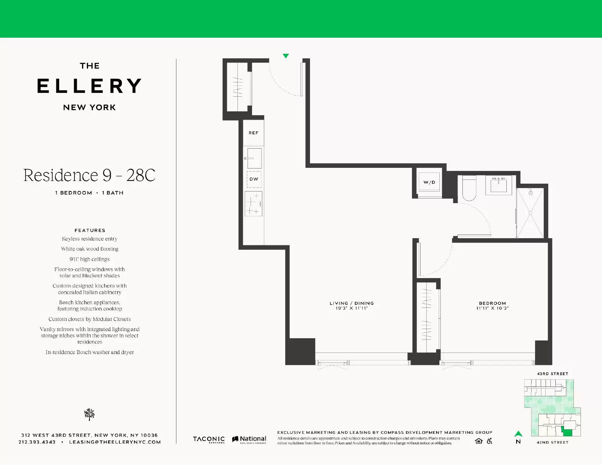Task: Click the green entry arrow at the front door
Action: tap(286, 56)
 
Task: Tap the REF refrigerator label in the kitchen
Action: tap(253, 133)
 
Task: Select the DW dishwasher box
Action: tap(254, 179)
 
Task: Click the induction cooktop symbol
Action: tap(253, 204)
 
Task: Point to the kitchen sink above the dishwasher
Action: tap(254, 158)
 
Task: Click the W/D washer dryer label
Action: tap(429, 182)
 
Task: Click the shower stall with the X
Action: tap(530, 213)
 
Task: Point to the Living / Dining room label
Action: tap(351, 303)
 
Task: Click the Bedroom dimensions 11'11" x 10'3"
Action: tap(492, 308)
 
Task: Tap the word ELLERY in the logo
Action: tap(90, 86)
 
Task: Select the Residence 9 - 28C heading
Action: tap(90, 175)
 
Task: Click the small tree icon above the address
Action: tap(90, 414)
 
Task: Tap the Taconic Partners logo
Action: tap(209, 439)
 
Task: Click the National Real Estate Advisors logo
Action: tap(249, 439)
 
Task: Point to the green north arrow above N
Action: tap(518, 434)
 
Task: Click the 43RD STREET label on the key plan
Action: tap(552, 374)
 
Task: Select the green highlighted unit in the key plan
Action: tap(567, 432)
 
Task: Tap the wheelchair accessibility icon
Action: tap(489, 441)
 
